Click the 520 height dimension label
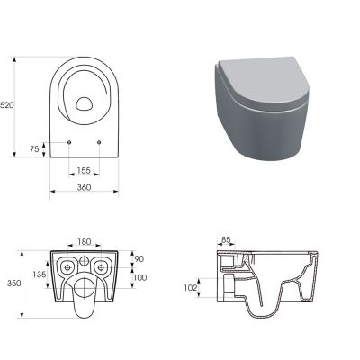pos(8,105)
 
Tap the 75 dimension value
pos(35,148)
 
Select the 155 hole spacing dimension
pos(84,170)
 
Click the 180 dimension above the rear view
pos(84,241)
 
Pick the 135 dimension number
pos(39,274)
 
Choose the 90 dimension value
pos(139,259)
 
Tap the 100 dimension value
pos(139,276)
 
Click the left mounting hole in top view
pos(70,142)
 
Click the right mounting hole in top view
pos(97,142)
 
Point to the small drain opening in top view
pos(84,103)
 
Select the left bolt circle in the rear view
pos(67,267)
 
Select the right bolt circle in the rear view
pos(102,267)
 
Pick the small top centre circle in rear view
pos(85,258)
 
